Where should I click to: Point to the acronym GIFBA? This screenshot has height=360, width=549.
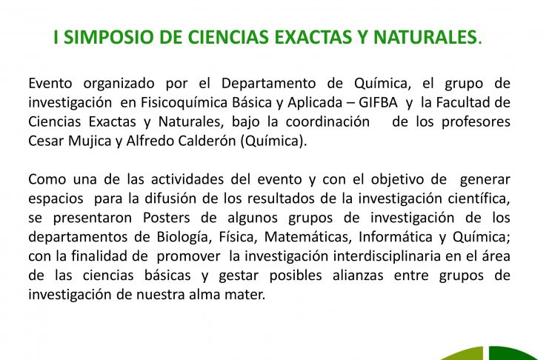[378, 103]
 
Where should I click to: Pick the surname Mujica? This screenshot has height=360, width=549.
[90, 141]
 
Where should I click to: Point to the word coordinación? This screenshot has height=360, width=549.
[327, 122]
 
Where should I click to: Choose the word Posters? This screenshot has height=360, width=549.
[166, 218]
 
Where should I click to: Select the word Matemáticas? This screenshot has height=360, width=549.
[307, 237]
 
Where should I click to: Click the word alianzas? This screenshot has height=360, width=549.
[358, 276]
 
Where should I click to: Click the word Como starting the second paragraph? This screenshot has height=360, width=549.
[47, 180]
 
